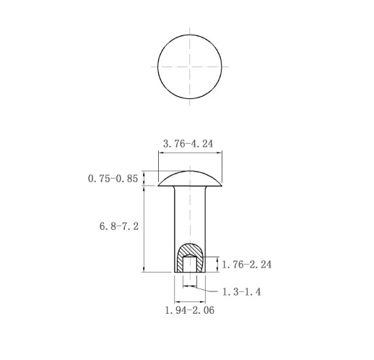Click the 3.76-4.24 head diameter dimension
coord(188,144)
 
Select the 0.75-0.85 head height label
coord(113,179)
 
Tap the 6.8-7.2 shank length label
coord(119,226)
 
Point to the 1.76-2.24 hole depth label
coord(246,265)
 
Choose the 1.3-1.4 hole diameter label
coord(241,292)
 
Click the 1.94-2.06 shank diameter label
coord(189,310)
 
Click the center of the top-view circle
coord(190,67)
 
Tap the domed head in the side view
coord(190,179)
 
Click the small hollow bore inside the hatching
coord(190,264)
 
